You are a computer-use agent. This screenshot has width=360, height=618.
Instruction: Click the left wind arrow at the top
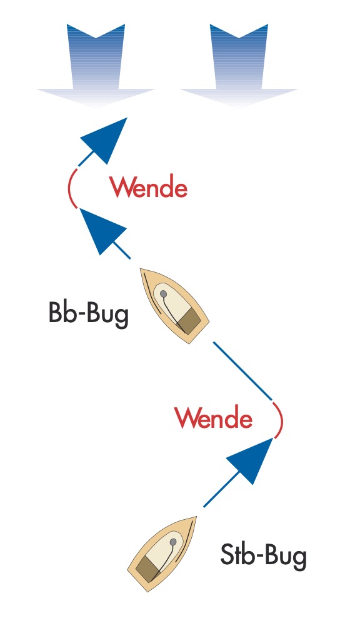coord(96,66)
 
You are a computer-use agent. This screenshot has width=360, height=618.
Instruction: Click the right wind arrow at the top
coord(239,66)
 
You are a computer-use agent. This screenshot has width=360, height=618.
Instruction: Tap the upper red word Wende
coord(149,187)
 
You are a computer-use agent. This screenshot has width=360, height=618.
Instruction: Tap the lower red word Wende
coord(214,418)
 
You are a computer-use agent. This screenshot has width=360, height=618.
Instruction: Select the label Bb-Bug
coord(89,314)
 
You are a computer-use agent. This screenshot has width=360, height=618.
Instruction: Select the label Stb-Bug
coord(263,555)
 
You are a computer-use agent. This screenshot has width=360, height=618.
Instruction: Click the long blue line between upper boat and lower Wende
coord(242,371)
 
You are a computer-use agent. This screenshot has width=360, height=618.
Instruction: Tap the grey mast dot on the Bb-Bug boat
coord(163,293)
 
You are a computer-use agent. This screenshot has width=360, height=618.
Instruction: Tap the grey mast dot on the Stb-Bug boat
coord(173,542)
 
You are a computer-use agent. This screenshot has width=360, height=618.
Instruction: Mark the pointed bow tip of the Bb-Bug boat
coord(141,269)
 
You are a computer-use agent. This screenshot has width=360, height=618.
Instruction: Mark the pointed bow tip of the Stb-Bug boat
coord(196,517)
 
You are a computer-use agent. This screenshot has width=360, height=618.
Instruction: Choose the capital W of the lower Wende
coord(187,418)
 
